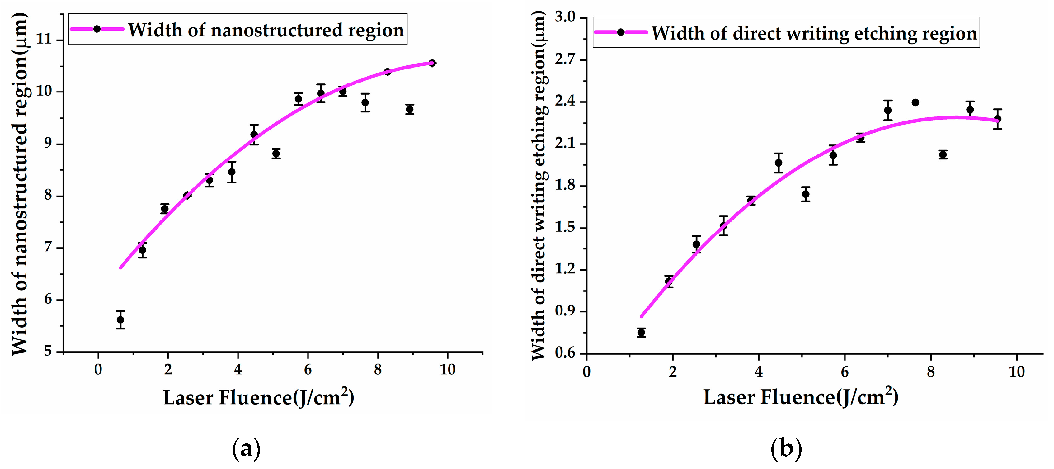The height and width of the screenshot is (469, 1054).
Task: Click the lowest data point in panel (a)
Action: click(120, 320)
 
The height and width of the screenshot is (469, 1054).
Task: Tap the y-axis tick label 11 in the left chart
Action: click(44, 39)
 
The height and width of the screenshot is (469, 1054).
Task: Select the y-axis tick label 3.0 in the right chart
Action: click(565, 17)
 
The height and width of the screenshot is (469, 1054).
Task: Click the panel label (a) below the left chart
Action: click(246, 449)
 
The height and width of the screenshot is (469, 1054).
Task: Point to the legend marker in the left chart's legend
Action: click(97, 29)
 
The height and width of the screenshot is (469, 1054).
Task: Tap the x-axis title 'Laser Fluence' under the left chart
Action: click(228, 398)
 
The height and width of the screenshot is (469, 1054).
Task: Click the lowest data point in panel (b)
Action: click(641, 333)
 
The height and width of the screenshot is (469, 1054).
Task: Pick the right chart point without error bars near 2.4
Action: click(915, 102)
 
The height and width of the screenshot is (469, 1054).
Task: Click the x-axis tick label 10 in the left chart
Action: click(448, 370)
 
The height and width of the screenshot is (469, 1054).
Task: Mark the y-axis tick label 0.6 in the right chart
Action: click(565, 353)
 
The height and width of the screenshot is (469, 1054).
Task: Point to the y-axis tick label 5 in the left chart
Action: click(48, 351)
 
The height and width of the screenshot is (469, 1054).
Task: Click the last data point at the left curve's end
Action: click(432, 63)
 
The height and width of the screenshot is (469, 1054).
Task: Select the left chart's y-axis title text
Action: click(20, 184)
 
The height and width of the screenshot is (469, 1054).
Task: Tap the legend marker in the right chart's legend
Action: click(621, 32)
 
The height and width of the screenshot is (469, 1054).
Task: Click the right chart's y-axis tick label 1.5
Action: click(565, 228)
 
